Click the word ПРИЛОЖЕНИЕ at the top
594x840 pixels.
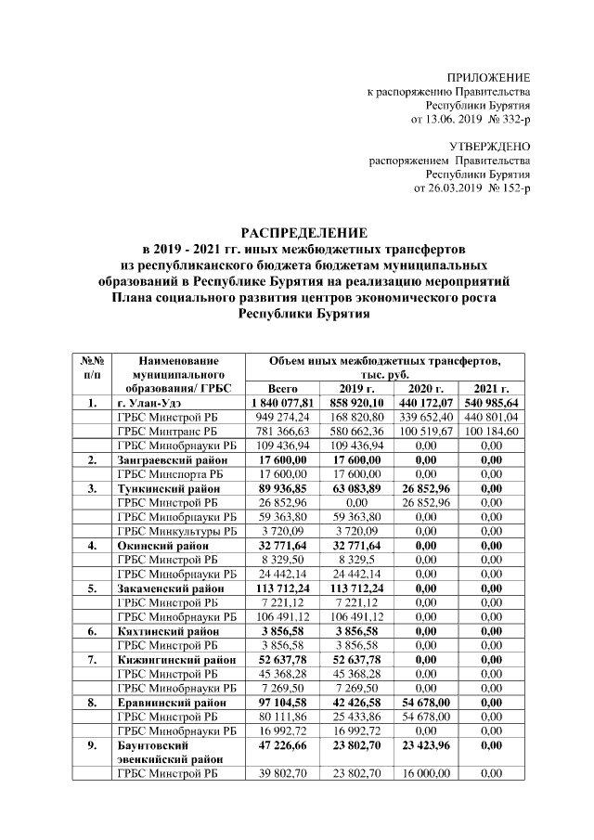pos(488,77)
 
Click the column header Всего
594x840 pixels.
pos(281,388)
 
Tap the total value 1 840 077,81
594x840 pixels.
pos(281,403)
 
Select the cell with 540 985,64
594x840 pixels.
pos(494,403)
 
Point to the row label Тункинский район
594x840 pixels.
pos(168,487)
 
